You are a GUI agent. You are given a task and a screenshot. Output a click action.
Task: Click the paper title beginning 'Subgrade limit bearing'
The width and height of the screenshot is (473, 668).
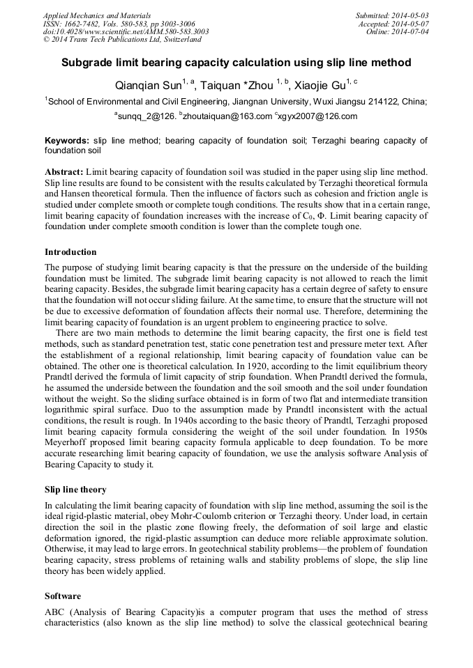(x=236, y=63)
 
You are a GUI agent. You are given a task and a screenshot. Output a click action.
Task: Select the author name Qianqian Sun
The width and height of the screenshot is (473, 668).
(x=147, y=86)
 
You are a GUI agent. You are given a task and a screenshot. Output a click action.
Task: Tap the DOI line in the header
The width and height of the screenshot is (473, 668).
(x=126, y=31)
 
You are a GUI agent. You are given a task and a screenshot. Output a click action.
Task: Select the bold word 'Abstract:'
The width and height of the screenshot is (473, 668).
(x=64, y=171)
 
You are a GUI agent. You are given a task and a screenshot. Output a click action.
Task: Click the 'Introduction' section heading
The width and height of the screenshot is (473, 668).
(x=70, y=252)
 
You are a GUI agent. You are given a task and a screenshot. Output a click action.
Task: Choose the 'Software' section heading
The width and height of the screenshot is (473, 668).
(x=63, y=596)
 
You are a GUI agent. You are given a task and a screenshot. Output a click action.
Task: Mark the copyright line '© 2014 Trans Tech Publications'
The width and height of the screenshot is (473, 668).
(x=123, y=40)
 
